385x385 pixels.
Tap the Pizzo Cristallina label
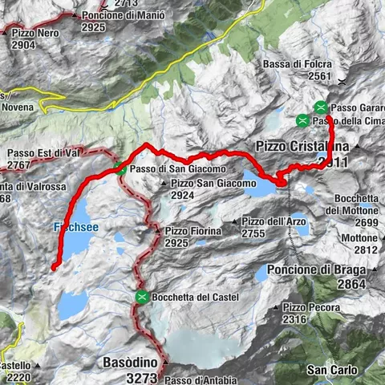click(302, 147)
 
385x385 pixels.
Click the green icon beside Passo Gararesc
click(321, 106)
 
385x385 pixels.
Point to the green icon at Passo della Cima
click(302, 120)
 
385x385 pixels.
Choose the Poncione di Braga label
click(318, 269)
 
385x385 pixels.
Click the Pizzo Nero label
click(34, 34)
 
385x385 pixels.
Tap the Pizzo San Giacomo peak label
click(213, 183)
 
